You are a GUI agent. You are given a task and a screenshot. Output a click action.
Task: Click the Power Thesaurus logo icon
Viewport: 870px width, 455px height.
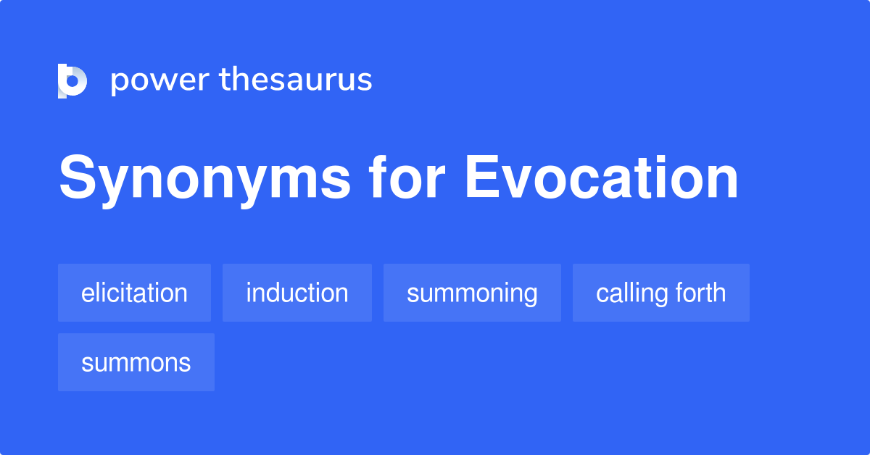pos(72,80)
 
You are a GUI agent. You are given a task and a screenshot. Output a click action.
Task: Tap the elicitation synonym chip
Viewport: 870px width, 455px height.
pos(134,293)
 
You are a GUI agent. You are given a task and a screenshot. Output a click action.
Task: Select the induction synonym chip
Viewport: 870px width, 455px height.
pos(297,293)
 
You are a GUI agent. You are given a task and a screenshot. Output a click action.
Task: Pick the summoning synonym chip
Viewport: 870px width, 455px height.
pos(472,293)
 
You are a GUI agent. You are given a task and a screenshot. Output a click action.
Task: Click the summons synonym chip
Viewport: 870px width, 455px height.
pos(136,362)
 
